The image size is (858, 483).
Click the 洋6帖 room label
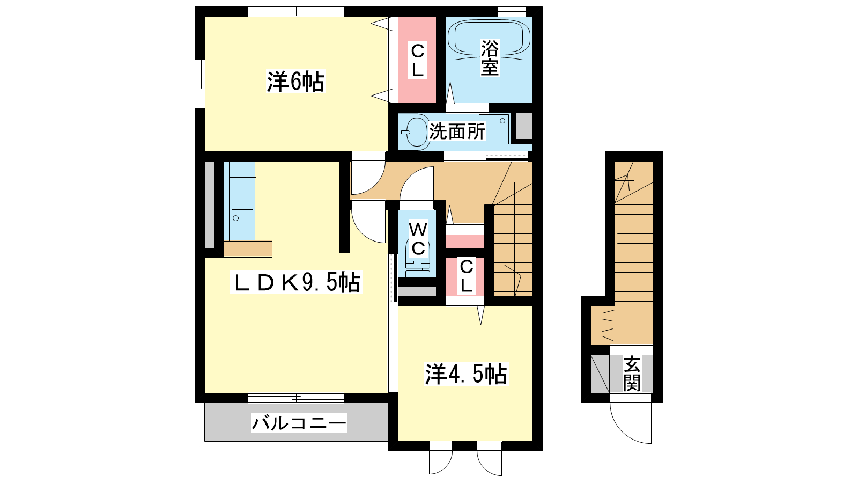[x=295, y=82]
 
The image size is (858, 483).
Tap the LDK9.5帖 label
[x=295, y=283]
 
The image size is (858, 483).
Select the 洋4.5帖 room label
[x=466, y=374]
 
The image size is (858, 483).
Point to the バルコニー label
[x=299, y=423]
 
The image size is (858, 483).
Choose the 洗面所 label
[x=457, y=131]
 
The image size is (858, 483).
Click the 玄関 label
[x=631, y=374]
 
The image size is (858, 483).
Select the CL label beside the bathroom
[x=418, y=61]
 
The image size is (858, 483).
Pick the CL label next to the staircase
[x=466, y=276]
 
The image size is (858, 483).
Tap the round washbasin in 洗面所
[x=416, y=131]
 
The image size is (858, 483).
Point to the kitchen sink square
[x=242, y=219]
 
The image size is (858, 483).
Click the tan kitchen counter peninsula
[x=248, y=249]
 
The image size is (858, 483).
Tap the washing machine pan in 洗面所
[x=494, y=129]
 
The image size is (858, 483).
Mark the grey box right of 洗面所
[x=524, y=126]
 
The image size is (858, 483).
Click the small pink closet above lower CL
[x=465, y=241]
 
